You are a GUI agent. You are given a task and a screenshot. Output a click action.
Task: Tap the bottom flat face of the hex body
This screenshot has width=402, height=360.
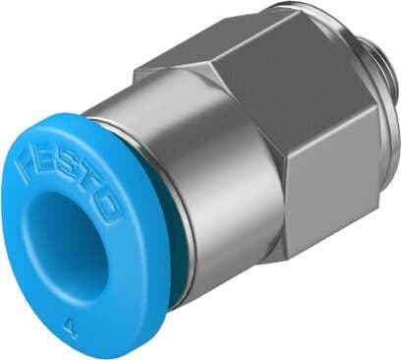coord(324,246)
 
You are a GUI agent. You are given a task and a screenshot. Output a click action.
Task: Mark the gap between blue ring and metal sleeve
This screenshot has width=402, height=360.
coord(178,275)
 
